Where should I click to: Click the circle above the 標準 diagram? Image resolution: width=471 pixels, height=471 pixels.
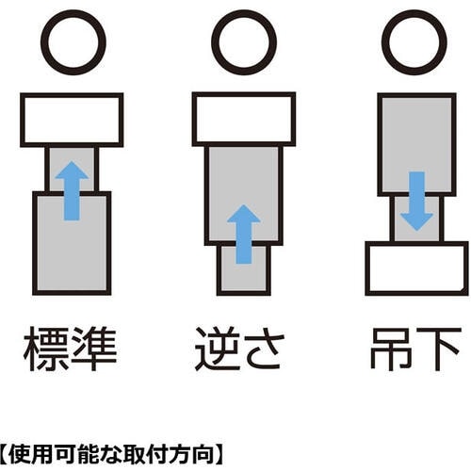click(73, 42)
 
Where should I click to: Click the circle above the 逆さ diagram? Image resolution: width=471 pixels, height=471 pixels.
click(244, 42)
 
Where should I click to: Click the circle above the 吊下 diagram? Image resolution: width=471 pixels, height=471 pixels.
click(414, 42)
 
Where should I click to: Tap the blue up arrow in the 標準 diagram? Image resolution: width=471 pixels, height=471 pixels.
click(72, 188)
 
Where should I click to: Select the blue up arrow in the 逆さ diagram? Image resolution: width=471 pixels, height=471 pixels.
click(244, 233)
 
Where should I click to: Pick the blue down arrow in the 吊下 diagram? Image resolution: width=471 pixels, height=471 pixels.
click(415, 201)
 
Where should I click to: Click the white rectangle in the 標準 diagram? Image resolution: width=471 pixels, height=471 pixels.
click(72, 119)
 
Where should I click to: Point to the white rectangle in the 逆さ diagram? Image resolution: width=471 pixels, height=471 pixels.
click(244, 119)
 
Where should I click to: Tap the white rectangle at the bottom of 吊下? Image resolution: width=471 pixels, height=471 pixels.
click(415, 268)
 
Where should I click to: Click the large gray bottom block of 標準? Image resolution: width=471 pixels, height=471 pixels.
click(72, 241)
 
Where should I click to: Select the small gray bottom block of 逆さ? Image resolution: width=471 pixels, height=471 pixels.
click(244, 268)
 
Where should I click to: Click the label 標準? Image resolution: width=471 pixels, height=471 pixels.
click(72, 350)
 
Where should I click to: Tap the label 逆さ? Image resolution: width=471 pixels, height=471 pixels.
click(244, 350)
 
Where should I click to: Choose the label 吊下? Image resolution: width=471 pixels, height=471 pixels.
click(415, 350)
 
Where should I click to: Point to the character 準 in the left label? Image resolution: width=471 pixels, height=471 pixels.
click(97, 350)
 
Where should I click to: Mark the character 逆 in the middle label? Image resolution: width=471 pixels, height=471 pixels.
click(219, 350)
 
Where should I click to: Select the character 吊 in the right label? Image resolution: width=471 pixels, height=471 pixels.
click(389, 350)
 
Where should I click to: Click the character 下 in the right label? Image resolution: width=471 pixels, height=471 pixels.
click(441, 350)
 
